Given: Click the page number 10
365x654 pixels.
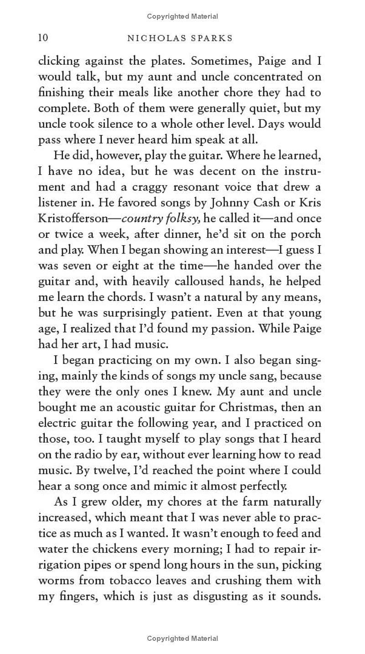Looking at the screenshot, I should click(43, 38).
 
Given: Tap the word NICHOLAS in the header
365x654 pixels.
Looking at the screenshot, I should click(155, 38).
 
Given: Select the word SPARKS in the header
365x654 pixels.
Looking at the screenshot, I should click(210, 38).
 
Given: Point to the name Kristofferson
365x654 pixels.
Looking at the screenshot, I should click(73, 218).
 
